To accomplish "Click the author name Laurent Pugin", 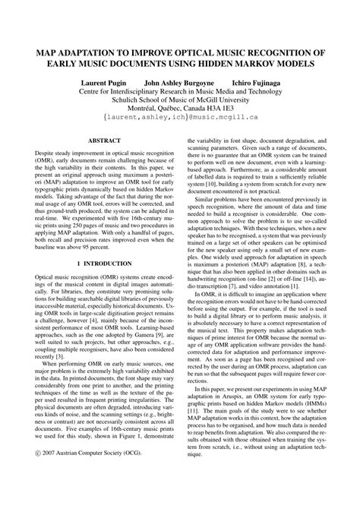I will coord(106,80).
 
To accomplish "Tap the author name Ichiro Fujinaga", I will coord(251,80).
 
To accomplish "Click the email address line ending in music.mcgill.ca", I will coord(180,119).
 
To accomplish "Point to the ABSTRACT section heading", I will coord(94,141).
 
